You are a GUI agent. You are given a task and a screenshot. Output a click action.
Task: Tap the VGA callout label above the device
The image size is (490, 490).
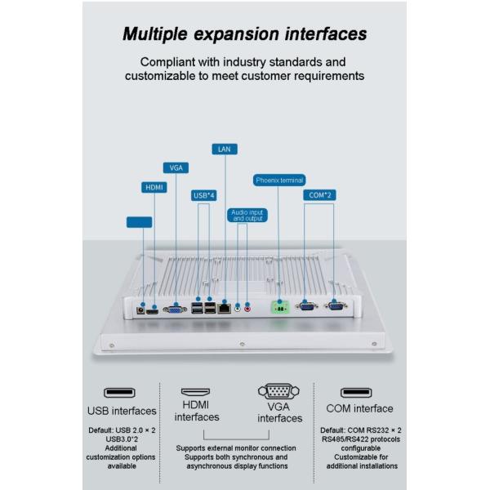coord(176,167)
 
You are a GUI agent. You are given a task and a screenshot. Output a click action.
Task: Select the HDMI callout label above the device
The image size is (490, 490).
coord(154,187)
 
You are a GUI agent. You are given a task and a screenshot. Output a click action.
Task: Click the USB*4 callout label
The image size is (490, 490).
coord(203,195)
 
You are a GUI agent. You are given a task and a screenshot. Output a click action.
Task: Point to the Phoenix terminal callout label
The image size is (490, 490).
coord(279,180)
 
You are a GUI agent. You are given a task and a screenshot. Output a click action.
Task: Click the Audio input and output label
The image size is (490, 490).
coord(248,216)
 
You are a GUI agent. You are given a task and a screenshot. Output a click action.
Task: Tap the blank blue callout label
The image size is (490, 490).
coord(140,221)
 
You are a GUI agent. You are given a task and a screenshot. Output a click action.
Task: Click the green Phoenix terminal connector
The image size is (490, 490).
coord(282,308)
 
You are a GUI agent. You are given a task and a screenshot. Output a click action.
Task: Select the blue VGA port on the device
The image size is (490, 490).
coord(175,309)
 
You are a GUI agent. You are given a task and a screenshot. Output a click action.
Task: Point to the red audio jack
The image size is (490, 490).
coord(247,308)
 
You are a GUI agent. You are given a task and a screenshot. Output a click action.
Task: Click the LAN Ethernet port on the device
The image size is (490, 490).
coord(225,308)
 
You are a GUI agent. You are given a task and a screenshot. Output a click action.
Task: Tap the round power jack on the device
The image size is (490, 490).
coord(141,309)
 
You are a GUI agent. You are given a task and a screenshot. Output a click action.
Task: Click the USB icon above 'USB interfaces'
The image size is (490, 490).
coord(122,393)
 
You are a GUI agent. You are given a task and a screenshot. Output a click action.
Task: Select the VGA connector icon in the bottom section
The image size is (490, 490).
coord(279,392)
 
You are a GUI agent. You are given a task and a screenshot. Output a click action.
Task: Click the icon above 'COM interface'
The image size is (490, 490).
coord(359,392)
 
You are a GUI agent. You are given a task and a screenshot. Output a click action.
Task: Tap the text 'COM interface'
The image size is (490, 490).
coord(359,408)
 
